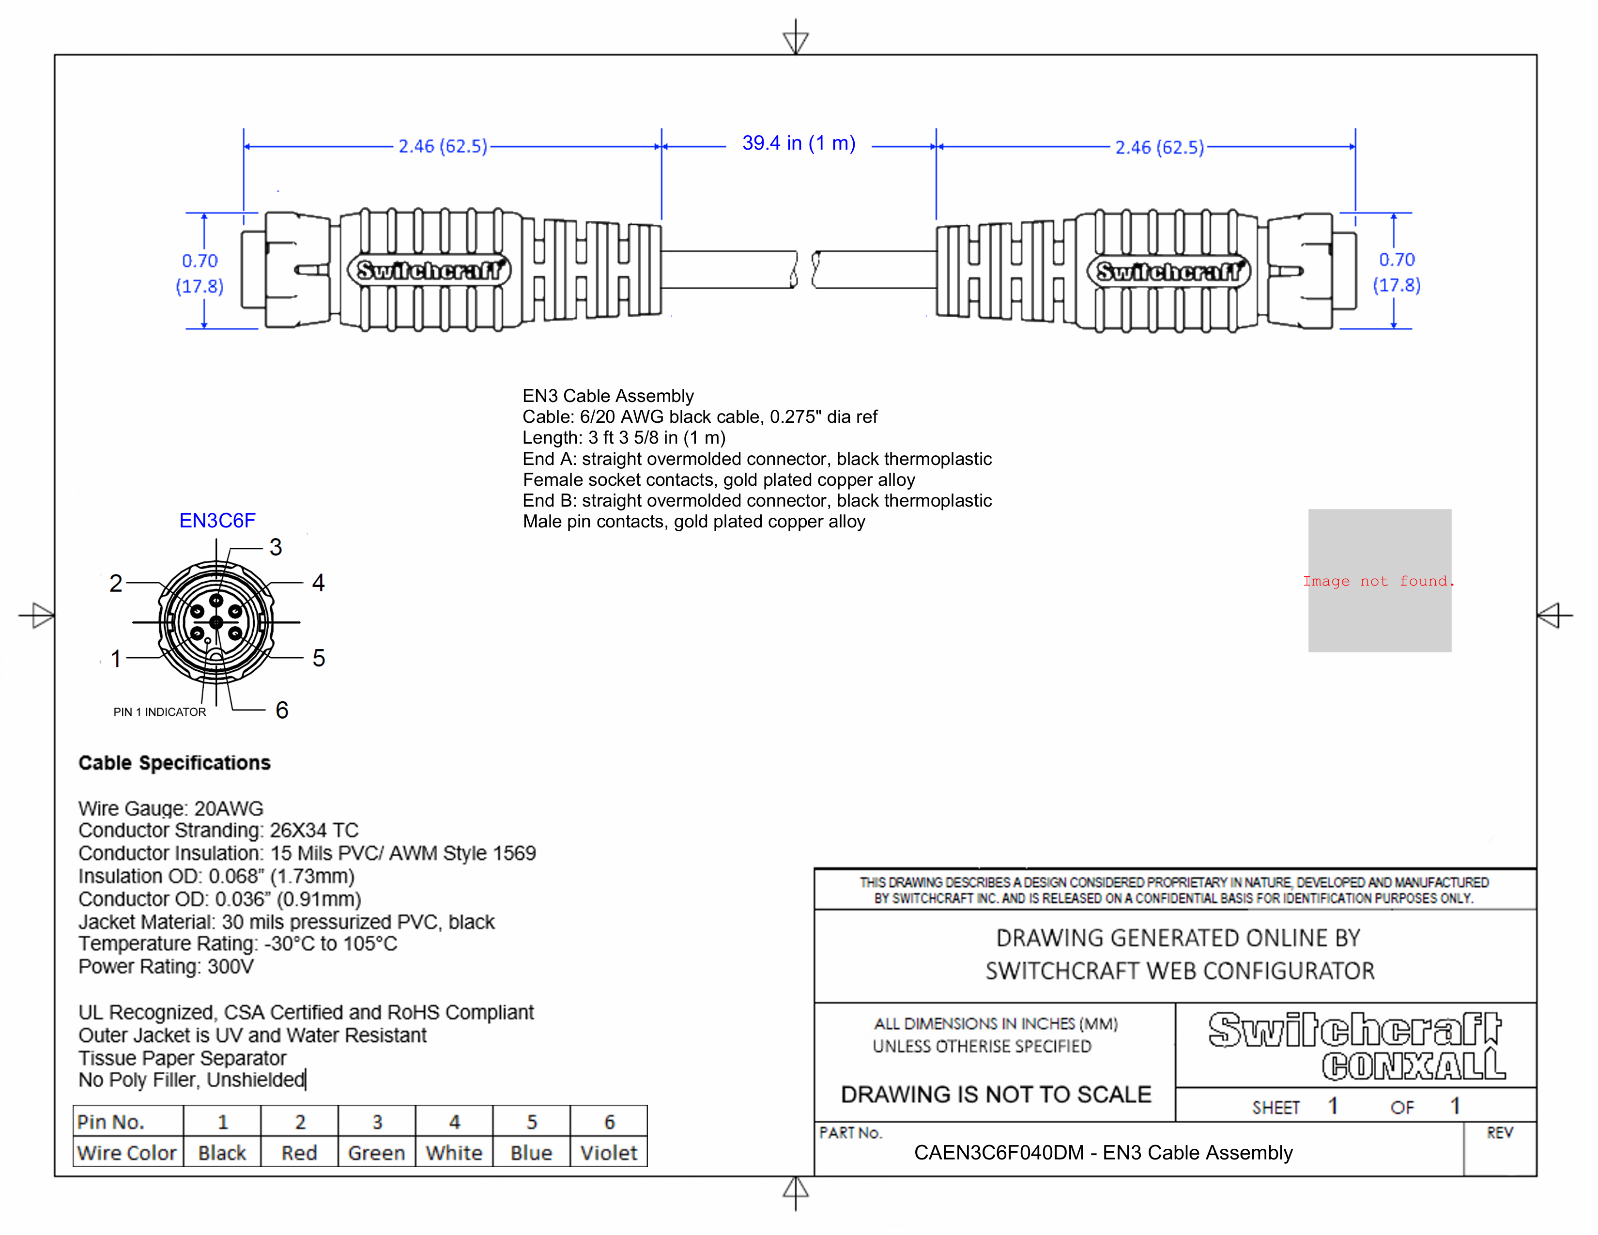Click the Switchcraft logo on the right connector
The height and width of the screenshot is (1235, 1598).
point(1168,271)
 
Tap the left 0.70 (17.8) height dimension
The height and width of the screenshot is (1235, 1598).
point(200,273)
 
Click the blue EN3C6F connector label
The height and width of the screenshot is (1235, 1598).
point(217,521)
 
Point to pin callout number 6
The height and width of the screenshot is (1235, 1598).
point(282,710)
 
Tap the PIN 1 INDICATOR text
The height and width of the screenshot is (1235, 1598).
point(159,712)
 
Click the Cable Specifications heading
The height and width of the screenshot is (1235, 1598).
point(174,763)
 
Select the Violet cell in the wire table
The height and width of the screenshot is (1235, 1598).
point(608,1153)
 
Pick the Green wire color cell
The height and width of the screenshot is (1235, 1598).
point(376,1153)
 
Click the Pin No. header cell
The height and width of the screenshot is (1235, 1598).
point(111,1122)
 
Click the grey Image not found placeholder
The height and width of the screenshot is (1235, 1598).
point(1379,581)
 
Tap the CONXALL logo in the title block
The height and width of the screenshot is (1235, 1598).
point(1413,1066)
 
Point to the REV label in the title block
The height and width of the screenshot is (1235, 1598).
point(1499,1133)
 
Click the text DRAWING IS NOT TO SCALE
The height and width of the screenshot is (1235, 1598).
point(996,1095)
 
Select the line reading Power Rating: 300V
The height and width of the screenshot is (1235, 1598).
point(166,967)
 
